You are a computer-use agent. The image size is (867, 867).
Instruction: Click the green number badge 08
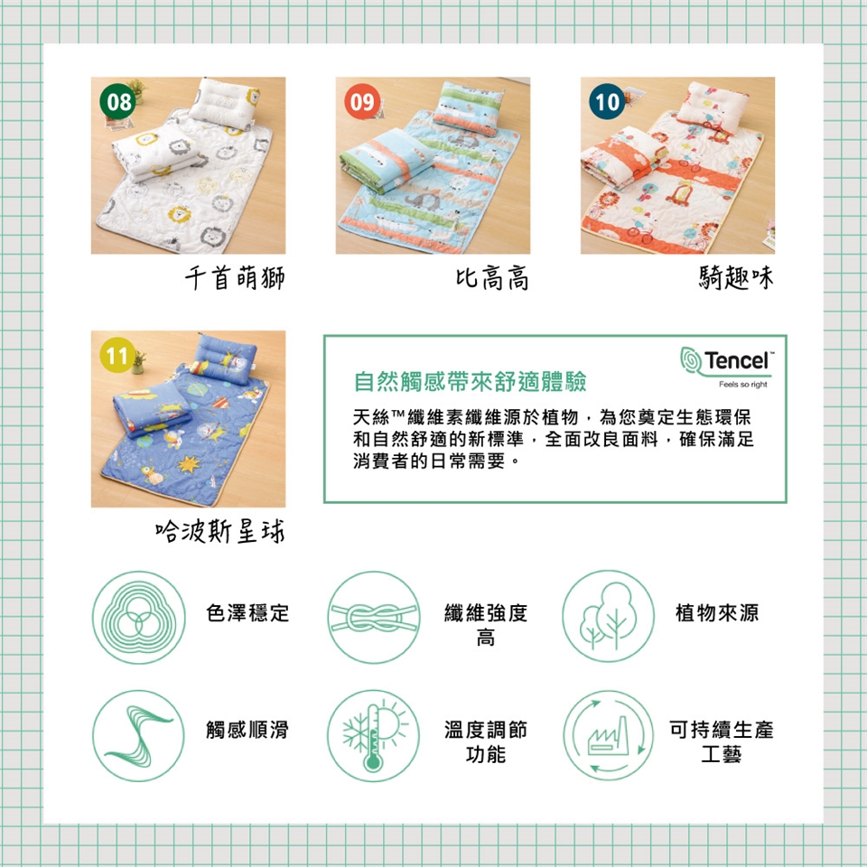point(117,102)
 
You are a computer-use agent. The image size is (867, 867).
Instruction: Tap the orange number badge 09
point(362,102)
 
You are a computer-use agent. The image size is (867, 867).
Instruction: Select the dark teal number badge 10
point(607,102)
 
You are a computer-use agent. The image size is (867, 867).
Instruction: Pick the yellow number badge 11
point(117,355)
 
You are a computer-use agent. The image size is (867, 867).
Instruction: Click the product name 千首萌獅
point(235,277)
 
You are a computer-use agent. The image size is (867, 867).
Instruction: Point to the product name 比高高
point(492,277)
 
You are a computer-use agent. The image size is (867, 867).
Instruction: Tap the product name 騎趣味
point(736,277)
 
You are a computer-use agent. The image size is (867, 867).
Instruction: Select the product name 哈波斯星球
point(220,531)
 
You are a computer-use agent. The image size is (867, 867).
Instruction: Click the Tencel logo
point(727,360)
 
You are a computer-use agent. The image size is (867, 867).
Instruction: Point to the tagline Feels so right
point(742,385)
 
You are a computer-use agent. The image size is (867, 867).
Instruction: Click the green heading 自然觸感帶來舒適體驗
point(470,381)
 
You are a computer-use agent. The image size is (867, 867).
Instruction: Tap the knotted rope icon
point(374,617)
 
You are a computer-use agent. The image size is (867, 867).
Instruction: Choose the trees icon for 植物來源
point(608,617)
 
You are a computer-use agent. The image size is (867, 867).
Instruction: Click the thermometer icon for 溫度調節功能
point(374,735)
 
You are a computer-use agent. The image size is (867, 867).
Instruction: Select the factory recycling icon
point(608,735)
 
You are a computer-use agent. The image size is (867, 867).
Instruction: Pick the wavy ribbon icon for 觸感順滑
point(138,735)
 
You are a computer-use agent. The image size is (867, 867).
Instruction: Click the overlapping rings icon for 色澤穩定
point(138,617)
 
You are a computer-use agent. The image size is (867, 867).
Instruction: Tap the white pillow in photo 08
point(224,103)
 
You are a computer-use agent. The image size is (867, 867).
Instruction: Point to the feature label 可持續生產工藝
point(721,741)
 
